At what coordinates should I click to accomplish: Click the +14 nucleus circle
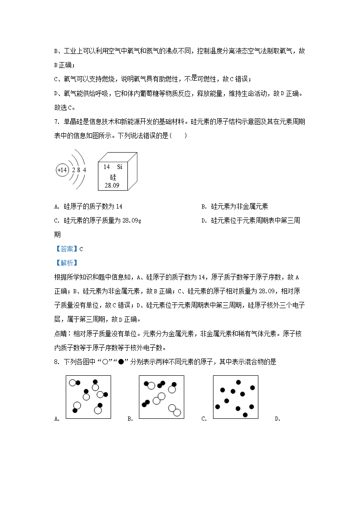62,170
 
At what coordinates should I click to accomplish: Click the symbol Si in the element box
120,167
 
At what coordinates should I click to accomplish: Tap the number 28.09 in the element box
112,185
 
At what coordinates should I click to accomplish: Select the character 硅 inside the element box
113,176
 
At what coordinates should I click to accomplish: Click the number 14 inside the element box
107,167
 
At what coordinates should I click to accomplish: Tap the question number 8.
57,362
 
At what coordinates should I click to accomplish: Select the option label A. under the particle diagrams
57,419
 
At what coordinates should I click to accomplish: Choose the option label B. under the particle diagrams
130,419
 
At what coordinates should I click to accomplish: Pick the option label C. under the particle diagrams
204,419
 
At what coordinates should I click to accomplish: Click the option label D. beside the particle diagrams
277,419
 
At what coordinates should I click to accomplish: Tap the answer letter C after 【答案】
81,249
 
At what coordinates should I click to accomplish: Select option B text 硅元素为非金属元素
239,207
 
